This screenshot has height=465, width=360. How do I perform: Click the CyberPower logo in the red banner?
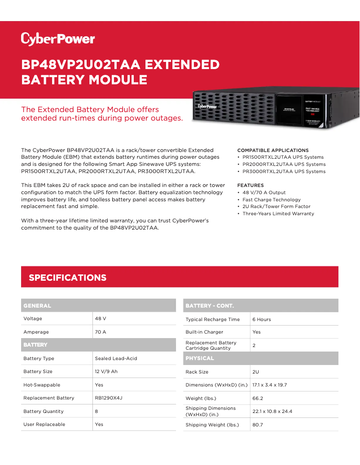58,39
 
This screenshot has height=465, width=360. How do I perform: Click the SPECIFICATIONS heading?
68,278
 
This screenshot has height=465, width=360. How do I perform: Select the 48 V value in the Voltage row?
101,319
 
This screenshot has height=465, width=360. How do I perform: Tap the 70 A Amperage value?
101,332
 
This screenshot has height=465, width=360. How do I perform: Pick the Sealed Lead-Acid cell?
116,359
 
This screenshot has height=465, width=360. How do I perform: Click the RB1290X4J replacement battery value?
109,398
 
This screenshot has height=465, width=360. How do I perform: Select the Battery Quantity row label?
44,412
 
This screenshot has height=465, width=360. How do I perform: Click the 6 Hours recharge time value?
262,320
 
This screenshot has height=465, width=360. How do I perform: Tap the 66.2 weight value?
258,398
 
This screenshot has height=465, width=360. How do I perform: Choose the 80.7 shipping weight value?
258,425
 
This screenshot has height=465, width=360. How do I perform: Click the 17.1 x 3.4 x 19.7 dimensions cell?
269,385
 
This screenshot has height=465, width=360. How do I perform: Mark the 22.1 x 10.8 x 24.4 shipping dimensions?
272,412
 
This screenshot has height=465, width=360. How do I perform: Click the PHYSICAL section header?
200,358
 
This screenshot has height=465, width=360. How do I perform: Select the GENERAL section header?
37,306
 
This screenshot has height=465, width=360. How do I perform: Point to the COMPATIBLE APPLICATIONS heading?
273,150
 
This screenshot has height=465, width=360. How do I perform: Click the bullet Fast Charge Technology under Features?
272,200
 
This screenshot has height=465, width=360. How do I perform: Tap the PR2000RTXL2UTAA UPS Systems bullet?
284,165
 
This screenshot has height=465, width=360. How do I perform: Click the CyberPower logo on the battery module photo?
207,107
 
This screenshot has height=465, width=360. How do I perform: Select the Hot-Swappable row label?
42,385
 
